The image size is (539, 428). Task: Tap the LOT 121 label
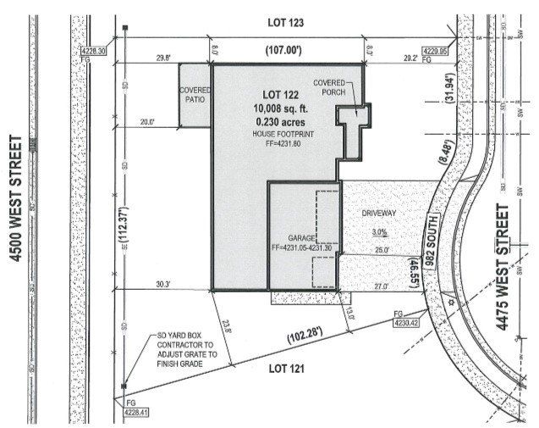(x=286, y=369)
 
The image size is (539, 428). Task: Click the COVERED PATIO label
(x=193, y=94)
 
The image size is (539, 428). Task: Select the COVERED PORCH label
(x=329, y=87)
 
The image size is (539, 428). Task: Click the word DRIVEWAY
(x=379, y=214)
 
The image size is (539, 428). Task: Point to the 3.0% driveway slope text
(x=379, y=231)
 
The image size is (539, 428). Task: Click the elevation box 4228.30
(x=93, y=53)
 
